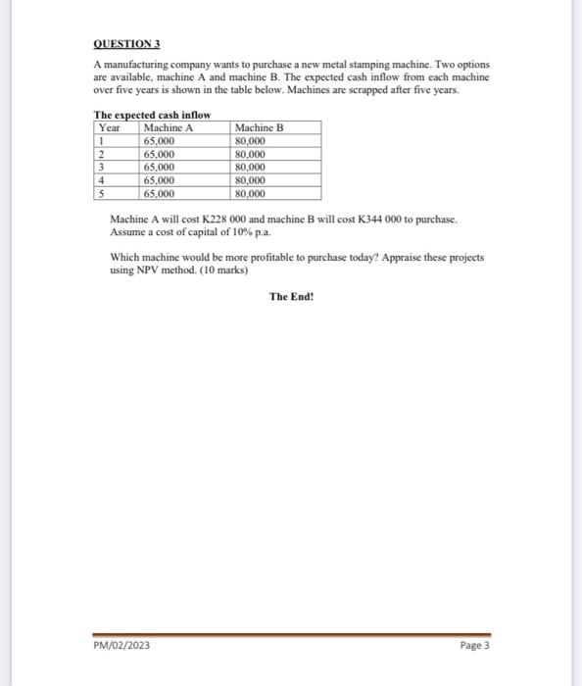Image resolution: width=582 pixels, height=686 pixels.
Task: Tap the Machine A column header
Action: pos(169,127)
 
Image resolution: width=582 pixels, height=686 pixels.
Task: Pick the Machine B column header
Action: pos(259,127)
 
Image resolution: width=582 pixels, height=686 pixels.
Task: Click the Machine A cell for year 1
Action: pos(160,141)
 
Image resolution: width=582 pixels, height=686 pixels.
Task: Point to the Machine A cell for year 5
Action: pos(160,194)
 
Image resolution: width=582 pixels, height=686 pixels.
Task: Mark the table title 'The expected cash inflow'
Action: pos(152,115)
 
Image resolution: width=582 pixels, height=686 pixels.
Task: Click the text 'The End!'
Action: pos(291,295)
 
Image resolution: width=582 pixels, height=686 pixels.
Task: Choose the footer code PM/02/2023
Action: pos(123,647)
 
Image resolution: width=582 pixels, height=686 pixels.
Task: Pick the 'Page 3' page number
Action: pos(473,647)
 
